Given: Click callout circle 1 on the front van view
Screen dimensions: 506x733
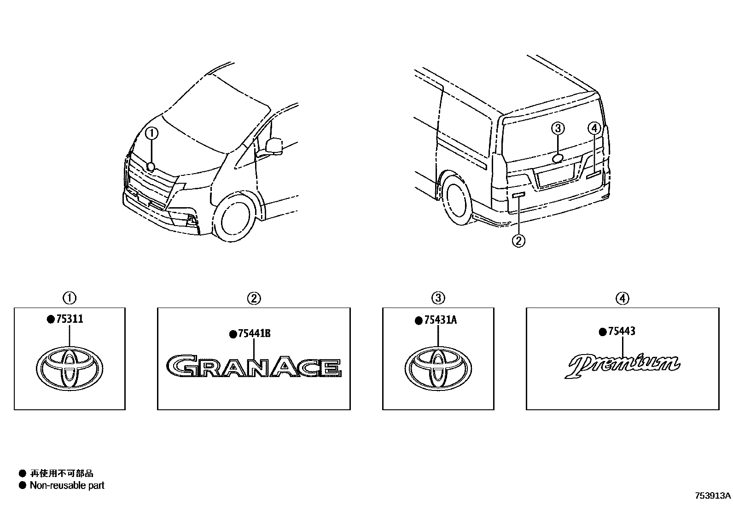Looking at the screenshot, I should click(152, 134).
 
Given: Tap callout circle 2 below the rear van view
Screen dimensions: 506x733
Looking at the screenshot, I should click(518, 240).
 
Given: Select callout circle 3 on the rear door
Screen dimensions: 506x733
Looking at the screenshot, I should click(558, 128).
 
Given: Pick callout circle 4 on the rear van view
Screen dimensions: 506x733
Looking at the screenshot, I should click(594, 128).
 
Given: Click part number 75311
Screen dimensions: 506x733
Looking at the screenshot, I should click(70, 319).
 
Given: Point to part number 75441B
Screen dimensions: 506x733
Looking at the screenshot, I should click(254, 334).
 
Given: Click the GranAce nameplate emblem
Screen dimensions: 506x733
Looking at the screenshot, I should click(254, 367).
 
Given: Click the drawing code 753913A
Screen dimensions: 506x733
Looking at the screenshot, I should click(713, 496).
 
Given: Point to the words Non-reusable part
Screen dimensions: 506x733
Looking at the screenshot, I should click(67, 485).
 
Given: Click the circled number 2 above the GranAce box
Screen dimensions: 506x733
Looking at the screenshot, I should click(254, 298).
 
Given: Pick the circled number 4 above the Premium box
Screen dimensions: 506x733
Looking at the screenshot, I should click(622, 298).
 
